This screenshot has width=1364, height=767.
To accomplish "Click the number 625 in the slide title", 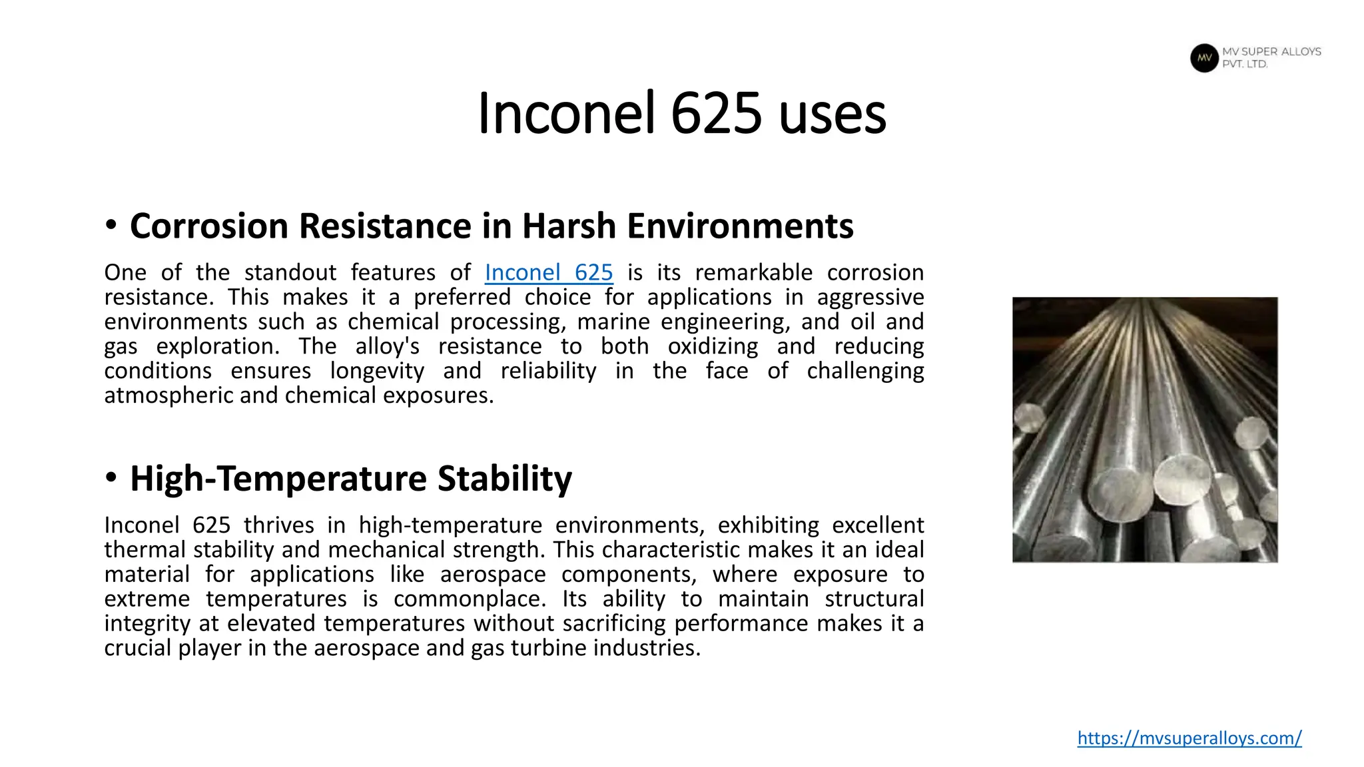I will click(x=716, y=113).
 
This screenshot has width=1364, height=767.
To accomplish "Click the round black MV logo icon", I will click(x=1204, y=58).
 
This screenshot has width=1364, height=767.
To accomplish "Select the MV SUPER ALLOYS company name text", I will click(x=1271, y=52).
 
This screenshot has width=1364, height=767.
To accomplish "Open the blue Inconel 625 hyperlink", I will click(x=548, y=272).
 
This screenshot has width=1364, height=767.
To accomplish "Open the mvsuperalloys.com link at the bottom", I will click(x=1189, y=738).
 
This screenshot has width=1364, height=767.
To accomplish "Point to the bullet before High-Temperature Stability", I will click(x=111, y=478).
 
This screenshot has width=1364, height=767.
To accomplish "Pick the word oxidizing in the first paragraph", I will click(x=713, y=346).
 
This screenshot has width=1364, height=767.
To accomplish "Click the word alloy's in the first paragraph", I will click(x=387, y=346).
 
